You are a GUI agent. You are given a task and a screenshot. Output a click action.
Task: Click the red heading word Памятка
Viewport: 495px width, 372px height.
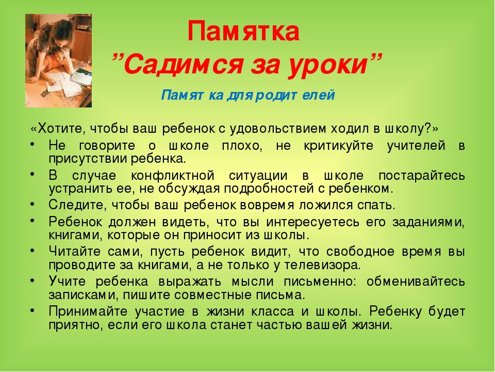point(243,31)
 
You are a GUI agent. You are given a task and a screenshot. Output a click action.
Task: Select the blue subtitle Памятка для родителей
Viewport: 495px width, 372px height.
point(248,95)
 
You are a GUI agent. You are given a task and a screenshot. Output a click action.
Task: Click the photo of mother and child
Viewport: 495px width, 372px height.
point(59,60)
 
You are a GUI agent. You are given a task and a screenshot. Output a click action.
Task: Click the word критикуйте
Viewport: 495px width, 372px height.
point(338,146)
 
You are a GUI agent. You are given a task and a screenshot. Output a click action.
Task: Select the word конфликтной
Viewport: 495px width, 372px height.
point(173,176)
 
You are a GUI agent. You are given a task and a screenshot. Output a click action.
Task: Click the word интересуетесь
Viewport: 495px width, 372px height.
point(312,222)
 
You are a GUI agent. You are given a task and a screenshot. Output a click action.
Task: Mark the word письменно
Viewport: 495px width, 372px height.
point(318,282)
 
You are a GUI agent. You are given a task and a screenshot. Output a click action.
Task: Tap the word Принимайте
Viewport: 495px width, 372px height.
point(88,312)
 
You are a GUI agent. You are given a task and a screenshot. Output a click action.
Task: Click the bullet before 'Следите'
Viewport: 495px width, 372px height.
point(32,204)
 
